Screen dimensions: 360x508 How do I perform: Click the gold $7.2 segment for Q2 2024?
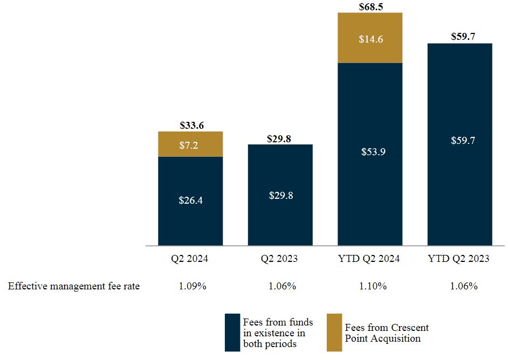click(x=190, y=144)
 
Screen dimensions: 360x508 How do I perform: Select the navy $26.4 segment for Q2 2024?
click(x=190, y=200)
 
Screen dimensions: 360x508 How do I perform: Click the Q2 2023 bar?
click(x=280, y=195)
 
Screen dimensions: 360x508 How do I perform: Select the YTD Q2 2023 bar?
click(x=459, y=144)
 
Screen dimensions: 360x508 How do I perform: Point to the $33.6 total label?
click(x=190, y=126)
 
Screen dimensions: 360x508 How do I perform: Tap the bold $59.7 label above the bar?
click(x=459, y=37)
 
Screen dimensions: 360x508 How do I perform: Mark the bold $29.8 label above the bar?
click(x=280, y=139)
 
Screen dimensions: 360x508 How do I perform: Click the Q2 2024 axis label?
click(x=190, y=259)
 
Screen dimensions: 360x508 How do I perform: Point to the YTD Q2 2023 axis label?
click(x=459, y=259)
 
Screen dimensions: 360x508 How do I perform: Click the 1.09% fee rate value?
click(x=193, y=286)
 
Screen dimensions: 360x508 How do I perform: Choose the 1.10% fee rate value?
click(x=373, y=286)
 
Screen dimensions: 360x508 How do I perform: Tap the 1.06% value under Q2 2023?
click(x=282, y=286)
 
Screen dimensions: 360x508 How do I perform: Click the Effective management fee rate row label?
click(x=74, y=286)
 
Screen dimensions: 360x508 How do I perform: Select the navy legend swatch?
click(x=232, y=333)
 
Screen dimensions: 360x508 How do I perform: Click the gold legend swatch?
click(x=334, y=333)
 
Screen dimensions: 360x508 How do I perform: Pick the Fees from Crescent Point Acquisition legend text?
click(x=387, y=333)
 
